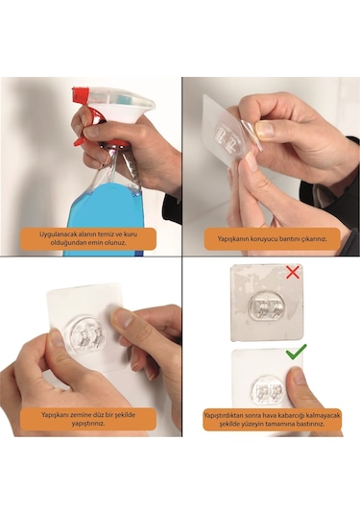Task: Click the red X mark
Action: [x=293, y=273]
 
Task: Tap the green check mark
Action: [x=296, y=352]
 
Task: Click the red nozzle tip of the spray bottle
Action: [x=81, y=93]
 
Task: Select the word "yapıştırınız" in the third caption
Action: [x=88, y=424]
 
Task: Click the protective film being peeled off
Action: [x=251, y=135]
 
